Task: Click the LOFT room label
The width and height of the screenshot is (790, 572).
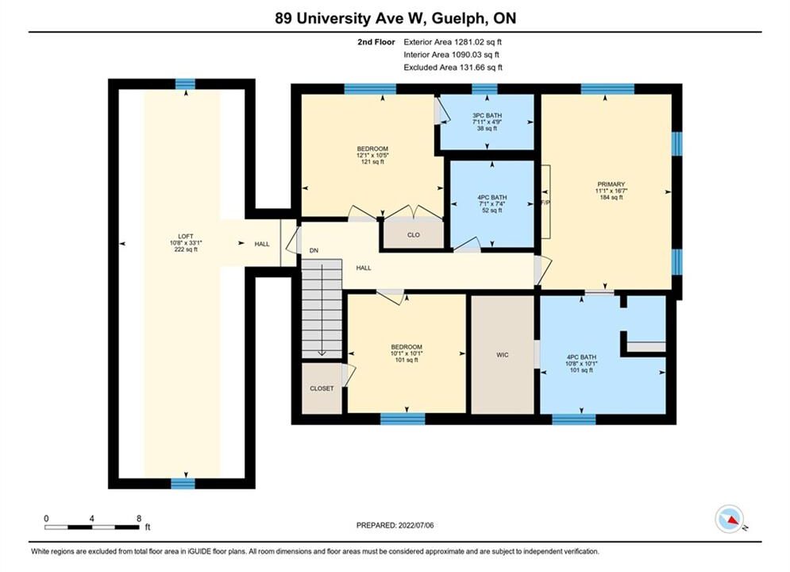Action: pos(186,237)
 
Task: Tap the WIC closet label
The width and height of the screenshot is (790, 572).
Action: pos(503,355)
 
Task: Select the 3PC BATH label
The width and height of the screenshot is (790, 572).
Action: pos(487,115)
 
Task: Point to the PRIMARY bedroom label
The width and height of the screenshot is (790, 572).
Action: pos(611,184)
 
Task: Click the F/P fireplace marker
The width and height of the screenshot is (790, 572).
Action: pos(545,203)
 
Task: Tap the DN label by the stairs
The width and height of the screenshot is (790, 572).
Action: pos(314,250)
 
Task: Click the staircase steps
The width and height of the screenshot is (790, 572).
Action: pos(322,308)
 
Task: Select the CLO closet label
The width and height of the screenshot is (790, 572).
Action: pos(414,235)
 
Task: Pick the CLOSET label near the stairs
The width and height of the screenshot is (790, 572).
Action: pos(322,388)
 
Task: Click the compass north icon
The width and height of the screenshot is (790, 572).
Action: pos(729,519)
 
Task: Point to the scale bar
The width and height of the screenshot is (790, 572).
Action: pos(91,528)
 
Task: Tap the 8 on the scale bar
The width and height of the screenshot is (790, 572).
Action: pos(139,518)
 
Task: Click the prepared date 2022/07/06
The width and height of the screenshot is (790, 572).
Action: pos(416,525)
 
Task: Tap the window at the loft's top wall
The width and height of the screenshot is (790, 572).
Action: pos(185,83)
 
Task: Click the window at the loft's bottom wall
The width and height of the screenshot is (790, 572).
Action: pos(183,484)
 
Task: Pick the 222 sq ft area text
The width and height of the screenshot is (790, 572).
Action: pos(186,249)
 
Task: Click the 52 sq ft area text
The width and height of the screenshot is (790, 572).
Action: pos(491,211)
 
